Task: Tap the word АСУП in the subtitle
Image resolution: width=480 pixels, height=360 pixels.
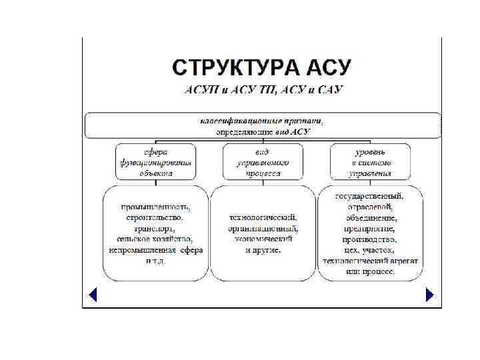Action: [201, 91]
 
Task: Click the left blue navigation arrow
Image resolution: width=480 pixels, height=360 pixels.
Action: [93, 294]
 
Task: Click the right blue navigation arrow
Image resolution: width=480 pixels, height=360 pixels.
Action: [429, 294]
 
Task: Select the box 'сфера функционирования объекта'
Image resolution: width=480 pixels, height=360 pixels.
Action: [155, 162]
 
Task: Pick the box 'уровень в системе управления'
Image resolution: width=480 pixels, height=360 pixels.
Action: [370, 162]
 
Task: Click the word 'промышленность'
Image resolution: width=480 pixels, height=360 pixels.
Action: [155, 206]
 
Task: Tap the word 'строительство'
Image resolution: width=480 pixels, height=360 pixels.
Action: [155, 217]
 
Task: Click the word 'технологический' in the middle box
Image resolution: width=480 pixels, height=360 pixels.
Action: [262, 217]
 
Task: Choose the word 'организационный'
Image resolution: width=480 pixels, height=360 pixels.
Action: [262, 228]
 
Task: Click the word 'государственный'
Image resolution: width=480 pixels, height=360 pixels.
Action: [369, 196]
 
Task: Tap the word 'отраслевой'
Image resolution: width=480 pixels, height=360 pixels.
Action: [369, 207]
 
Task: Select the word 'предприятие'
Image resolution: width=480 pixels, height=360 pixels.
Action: [369, 228]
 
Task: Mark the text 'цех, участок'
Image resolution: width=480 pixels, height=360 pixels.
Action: [369, 249]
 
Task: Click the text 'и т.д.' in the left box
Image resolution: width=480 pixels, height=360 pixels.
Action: [155, 261]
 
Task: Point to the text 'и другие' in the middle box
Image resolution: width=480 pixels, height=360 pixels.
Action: [263, 250]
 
